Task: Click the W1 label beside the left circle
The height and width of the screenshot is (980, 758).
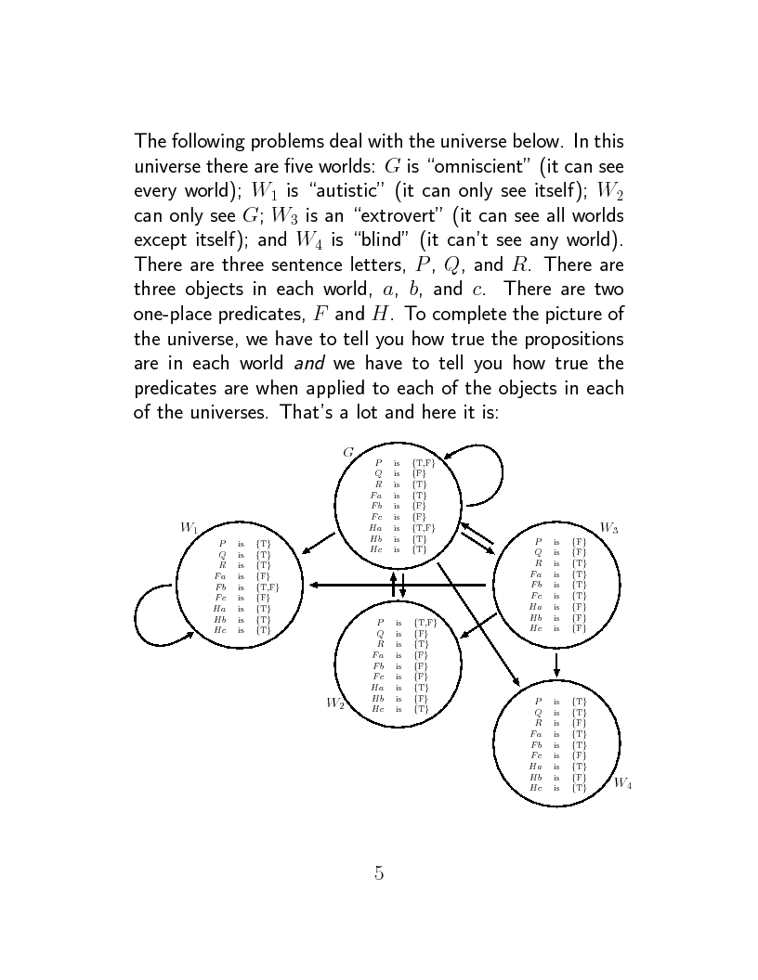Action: pos(189,527)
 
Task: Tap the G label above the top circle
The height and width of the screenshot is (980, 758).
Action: pos(348,452)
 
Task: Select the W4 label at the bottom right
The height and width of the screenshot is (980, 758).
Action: pos(623,784)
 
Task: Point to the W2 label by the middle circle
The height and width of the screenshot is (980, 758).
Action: pos(335,703)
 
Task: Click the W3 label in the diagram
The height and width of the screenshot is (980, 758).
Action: pos(609,527)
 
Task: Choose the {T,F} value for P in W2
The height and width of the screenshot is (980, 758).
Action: pos(425,622)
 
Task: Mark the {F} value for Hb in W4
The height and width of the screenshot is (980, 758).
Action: pos(579,777)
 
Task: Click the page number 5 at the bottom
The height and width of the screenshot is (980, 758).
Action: pos(379,872)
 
